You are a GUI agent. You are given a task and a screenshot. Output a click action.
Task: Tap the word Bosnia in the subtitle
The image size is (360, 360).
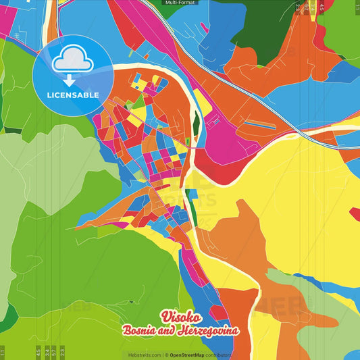point(140,331)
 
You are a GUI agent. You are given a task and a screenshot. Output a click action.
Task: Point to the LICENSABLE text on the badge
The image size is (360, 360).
point(73,95)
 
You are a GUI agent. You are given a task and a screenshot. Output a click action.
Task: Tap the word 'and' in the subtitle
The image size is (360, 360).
point(169,331)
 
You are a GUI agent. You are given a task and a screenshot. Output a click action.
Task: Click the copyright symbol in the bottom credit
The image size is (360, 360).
point(166,355)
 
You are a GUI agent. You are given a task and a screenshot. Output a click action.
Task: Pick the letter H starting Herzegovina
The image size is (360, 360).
point(183,331)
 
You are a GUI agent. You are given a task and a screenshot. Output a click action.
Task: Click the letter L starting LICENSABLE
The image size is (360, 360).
point(49,95)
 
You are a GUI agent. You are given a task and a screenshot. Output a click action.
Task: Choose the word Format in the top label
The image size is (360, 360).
point(187,3)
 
